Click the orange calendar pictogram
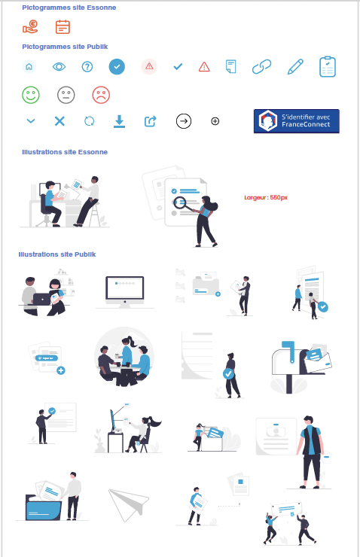click(63, 28)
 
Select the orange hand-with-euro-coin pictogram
click(30, 28)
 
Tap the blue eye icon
click(59, 67)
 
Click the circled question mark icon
click(87, 67)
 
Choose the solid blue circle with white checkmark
click(117, 66)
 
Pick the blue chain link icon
click(261, 67)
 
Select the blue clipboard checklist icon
click(328, 66)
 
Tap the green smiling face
click(31, 96)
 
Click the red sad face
click(100, 96)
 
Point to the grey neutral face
click(66, 96)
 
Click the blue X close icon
click(59, 120)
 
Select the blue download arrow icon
click(119, 120)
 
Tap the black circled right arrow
click(183, 120)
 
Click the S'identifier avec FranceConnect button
click(296, 121)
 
